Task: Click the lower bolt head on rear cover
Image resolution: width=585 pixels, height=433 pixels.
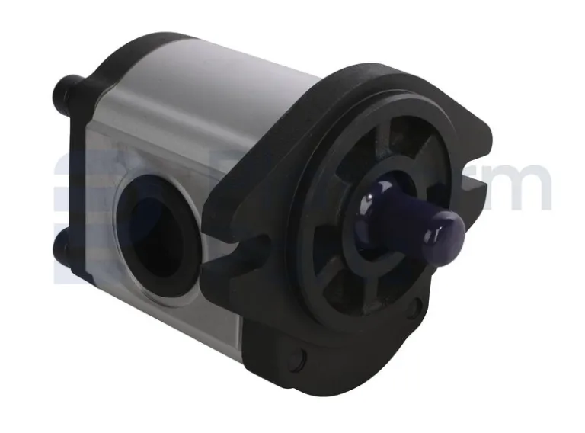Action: tap(63, 245)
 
